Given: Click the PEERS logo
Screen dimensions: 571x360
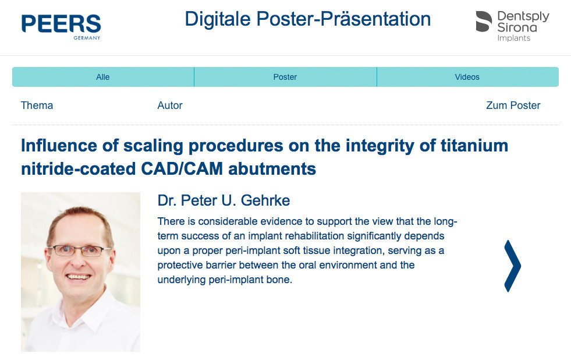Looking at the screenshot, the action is click(x=61, y=27).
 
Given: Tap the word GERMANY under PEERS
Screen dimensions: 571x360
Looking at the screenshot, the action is click(x=87, y=38).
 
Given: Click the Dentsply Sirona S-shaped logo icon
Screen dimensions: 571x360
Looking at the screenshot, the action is click(x=484, y=22).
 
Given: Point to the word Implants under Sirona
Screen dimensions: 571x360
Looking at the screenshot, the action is click(x=514, y=38).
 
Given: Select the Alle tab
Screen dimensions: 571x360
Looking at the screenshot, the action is click(x=103, y=77).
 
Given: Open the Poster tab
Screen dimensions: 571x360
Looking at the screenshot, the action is click(x=285, y=77).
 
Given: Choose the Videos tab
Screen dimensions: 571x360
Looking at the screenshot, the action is click(x=467, y=77).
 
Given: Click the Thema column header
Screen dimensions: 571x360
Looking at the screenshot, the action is click(x=37, y=105).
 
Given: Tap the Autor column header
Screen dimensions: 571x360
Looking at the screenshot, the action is click(x=170, y=105).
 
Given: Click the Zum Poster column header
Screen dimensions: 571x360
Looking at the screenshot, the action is click(x=513, y=105).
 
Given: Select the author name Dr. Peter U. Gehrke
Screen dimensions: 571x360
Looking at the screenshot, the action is click(x=224, y=200).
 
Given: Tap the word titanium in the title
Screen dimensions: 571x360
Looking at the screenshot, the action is click(x=474, y=146).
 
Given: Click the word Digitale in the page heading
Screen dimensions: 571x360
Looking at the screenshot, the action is click(x=218, y=19).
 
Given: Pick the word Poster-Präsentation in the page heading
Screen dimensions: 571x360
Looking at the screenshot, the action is click(x=343, y=19).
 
